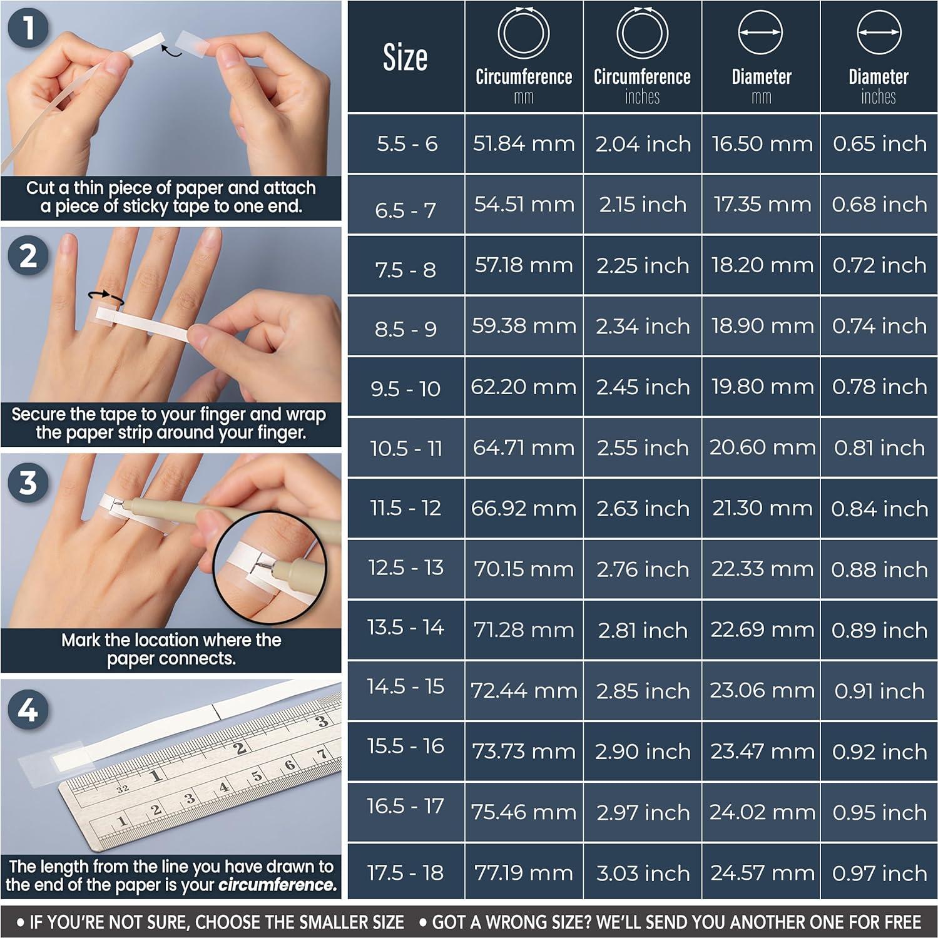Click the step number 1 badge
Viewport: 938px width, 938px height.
click(29, 28)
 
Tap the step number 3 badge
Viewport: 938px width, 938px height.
click(28, 483)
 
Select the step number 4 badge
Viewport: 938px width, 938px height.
click(28, 710)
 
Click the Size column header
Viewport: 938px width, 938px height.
click(405, 58)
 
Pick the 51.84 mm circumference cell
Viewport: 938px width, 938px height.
click(524, 143)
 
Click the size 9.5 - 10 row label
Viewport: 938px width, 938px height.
click(405, 389)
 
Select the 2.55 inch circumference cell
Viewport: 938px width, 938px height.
click(642, 448)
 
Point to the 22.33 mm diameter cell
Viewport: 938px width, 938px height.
click(762, 569)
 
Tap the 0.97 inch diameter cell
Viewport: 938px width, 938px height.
click(879, 873)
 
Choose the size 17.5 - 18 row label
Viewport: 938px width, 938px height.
click(405, 872)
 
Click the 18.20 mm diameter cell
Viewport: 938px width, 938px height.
click(762, 265)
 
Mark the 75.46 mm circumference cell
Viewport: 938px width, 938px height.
click(524, 812)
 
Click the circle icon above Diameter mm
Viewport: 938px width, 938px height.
click(760, 33)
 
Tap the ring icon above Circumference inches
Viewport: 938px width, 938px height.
click(642, 33)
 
